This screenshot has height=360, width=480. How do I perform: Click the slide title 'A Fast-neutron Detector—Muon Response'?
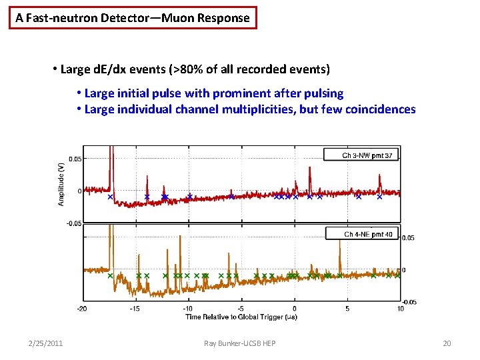[x=133, y=18]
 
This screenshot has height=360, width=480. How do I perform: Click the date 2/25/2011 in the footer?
[x=46, y=343]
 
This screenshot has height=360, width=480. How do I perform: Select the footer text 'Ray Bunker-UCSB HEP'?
[x=240, y=343]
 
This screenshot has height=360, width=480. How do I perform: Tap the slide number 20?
[x=447, y=343]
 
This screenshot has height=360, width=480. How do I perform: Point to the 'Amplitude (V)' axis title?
[x=61, y=184]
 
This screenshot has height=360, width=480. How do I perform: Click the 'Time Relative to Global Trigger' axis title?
[x=241, y=317]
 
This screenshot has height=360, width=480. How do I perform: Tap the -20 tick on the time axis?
[x=82, y=309]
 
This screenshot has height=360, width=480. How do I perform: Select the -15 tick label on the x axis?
[x=135, y=309]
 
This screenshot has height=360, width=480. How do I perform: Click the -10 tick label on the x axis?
[x=188, y=309]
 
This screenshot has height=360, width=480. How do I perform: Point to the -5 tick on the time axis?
[x=242, y=309]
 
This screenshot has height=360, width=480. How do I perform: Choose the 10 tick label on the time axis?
[x=400, y=309]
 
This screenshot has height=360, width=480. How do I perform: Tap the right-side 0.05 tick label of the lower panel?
[x=409, y=237]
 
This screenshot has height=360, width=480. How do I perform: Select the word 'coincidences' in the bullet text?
[x=381, y=109]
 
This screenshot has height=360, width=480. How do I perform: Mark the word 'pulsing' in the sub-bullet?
[x=323, y=93]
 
